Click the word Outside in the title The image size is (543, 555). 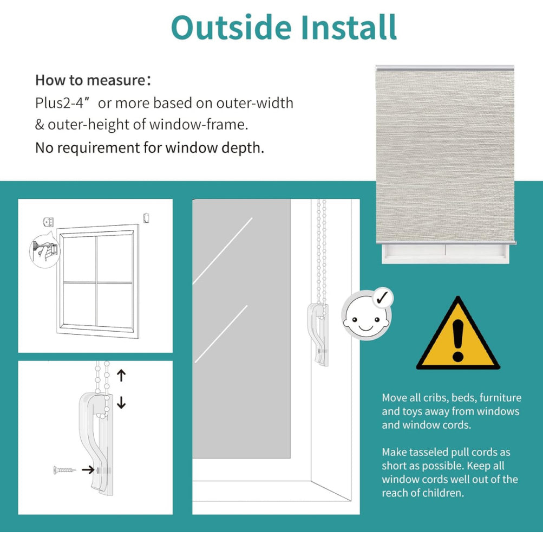point(231,28)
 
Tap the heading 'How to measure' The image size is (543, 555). point(90,80)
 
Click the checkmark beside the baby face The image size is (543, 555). point(382,298)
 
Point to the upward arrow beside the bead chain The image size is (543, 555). point(121,375)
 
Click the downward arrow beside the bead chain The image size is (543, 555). point(121,403)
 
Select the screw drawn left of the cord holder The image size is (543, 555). point(64,470)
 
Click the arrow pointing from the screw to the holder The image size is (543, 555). point(88,470)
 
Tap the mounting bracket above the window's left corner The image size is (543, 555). point(48,222)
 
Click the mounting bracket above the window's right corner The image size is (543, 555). point(146,218)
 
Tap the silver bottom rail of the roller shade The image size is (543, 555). point(446,243)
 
